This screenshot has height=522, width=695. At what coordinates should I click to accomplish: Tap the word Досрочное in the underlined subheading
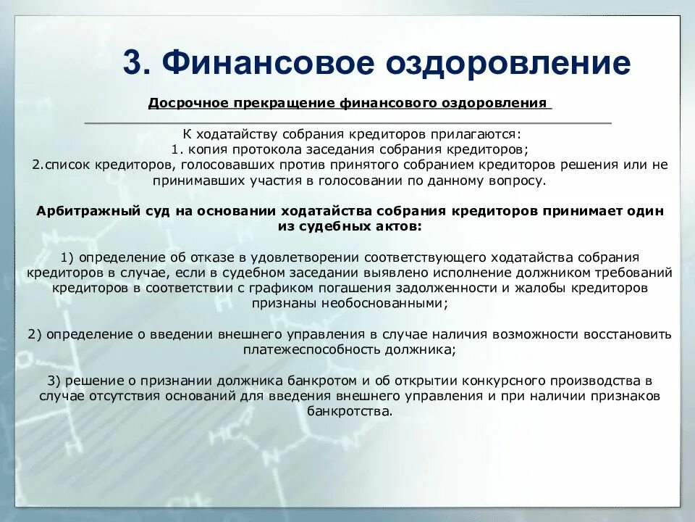[x=188, y=103]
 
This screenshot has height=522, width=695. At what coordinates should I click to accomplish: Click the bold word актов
[x=397, y=226]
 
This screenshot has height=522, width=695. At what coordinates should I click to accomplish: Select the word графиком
[x=313, y=288]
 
